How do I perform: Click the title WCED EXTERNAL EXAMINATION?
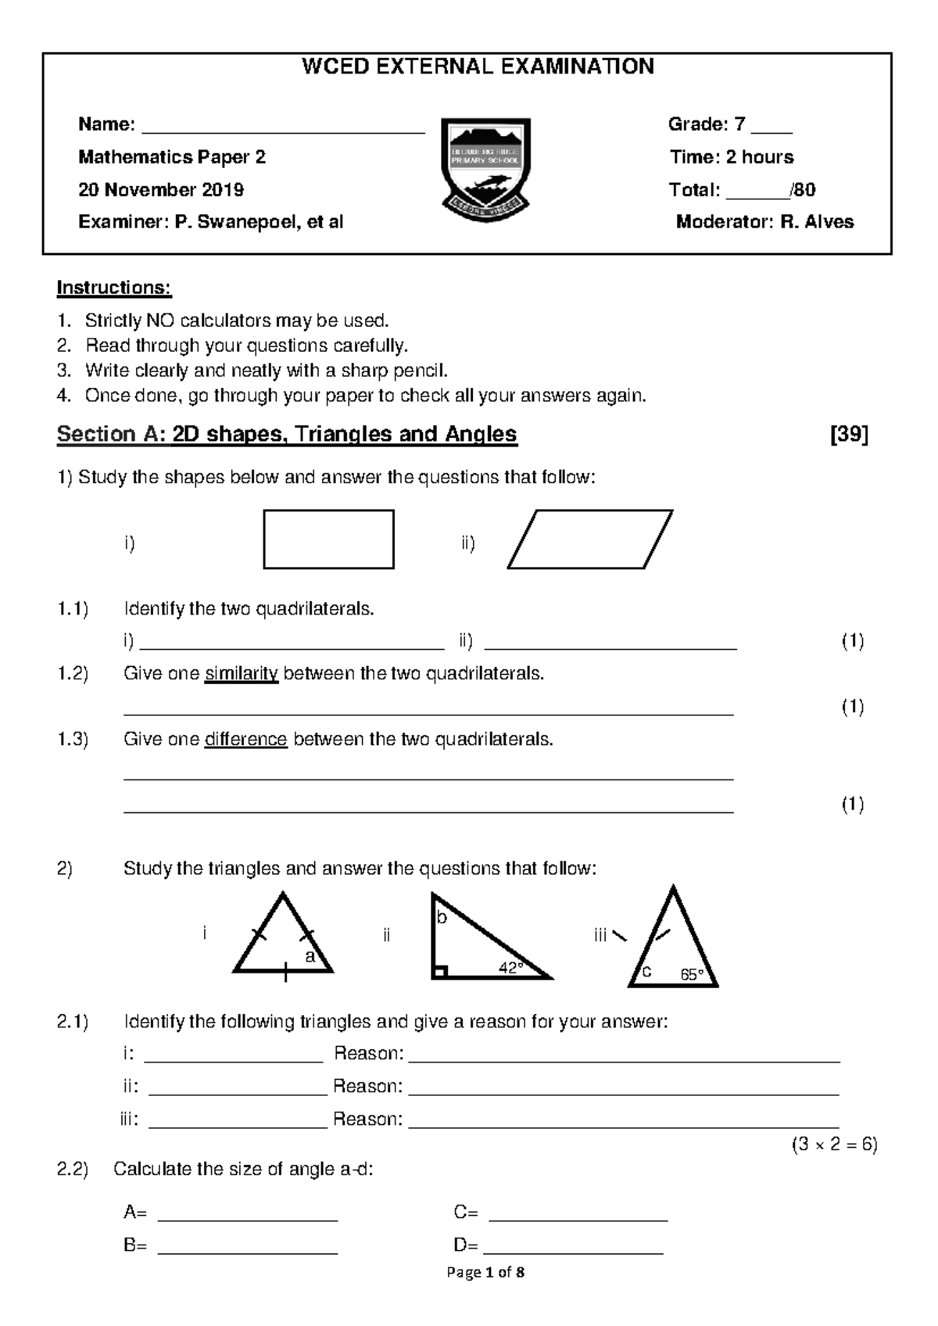pos(478,67)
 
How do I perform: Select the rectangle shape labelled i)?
pos(328,539)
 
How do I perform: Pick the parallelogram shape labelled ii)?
pos(590,539)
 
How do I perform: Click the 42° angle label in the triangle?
pos(510,968)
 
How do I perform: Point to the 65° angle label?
pos(692,974)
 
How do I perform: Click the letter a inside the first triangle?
pos(310,956)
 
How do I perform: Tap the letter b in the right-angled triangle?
pos(442,917)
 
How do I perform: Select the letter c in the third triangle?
pos(646,972)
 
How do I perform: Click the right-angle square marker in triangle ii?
pos(440,972)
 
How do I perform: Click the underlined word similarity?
pos(241,674)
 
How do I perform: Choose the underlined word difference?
pos(245,740)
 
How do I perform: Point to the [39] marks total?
pos(849,435)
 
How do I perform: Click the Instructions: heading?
pos(113,288)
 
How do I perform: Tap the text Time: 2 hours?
pos(731,157)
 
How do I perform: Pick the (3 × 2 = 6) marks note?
pos(834,1145)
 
